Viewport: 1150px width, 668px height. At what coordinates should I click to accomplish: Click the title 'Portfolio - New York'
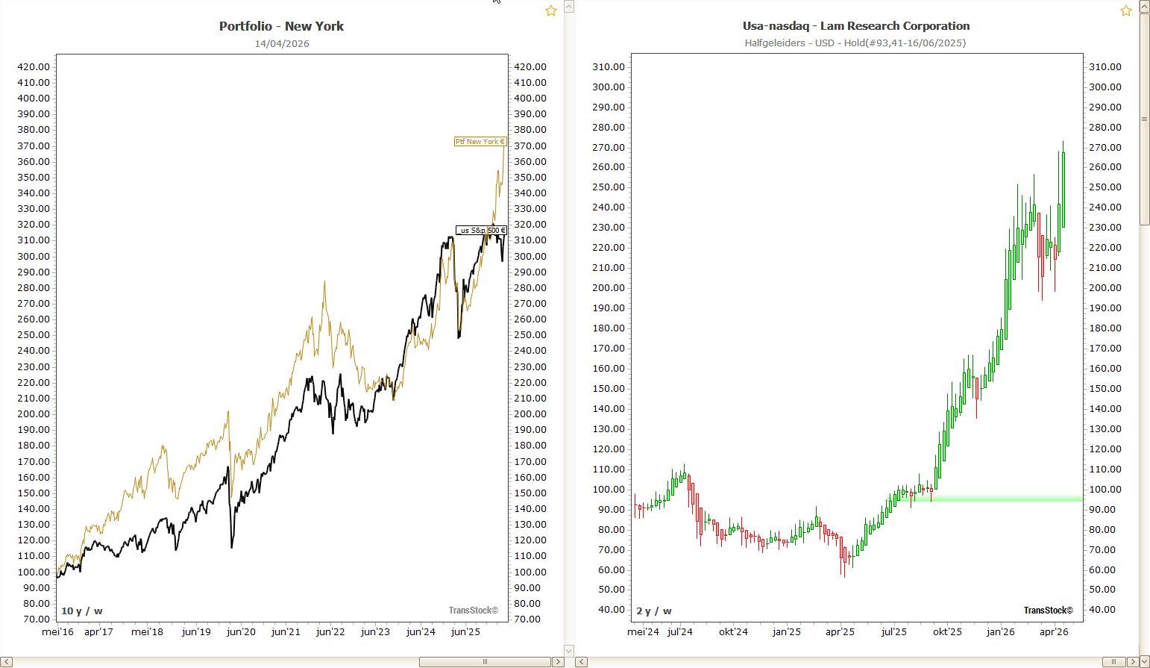click(281, 26)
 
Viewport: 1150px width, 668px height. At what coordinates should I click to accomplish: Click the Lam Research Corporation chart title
click(855, 26)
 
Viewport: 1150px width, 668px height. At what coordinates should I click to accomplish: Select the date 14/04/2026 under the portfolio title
click(281, 43)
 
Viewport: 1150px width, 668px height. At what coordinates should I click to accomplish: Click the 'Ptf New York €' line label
click(480, 142)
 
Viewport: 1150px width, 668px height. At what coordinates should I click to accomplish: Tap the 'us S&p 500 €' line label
click(481, 230)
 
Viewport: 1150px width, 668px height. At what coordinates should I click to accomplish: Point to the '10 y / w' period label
click(81, 611)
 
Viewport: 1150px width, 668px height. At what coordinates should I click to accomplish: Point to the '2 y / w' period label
click(653, 611)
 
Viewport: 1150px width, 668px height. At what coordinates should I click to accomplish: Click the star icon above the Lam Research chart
click(1125, 10)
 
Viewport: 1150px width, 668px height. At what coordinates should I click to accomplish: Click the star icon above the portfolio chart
click(550, 10)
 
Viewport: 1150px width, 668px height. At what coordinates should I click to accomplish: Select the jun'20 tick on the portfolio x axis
click(241, 632)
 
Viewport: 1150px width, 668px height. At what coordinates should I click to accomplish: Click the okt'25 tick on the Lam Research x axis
click(947, 632)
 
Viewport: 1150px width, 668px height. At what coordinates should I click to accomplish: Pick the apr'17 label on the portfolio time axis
click(98, 632)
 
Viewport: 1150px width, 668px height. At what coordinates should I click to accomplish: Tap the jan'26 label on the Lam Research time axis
click(1000, 632)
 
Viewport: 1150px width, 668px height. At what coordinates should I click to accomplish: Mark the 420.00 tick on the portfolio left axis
click(34, 67)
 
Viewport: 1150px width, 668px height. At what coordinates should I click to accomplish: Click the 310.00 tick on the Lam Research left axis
click(609, 67)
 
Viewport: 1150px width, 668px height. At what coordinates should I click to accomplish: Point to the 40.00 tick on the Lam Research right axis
click(1102, 610)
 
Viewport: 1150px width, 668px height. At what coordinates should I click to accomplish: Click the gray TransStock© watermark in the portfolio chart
click(473, 611)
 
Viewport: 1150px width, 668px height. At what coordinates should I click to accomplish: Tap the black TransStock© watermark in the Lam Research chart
click(1048, 611)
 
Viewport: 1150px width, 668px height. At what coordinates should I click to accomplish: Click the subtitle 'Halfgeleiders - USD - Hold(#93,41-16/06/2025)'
click(855, 43)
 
